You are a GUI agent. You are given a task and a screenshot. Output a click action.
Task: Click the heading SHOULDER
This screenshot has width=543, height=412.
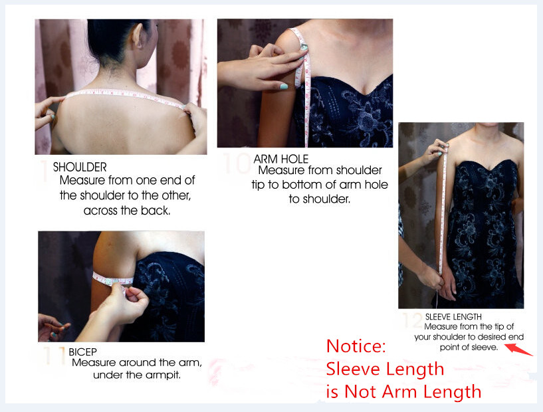pyautogui.click(x=80, y=167)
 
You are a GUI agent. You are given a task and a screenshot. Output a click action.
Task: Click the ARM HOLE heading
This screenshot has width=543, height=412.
pyautogui.click(x=281, y=159)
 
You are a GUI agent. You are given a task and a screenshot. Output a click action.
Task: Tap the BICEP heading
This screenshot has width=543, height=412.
pyautogui.click(x=83, y=352)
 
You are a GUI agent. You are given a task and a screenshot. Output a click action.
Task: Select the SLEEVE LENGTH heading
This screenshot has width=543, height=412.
pyautogui.click(x=453, y=317)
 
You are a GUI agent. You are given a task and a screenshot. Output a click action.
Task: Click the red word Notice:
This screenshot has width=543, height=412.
pyautogui.click(x=356, y=346)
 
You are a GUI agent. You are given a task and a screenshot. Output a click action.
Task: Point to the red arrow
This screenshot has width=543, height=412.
pyautogui.click(x=518, y=350)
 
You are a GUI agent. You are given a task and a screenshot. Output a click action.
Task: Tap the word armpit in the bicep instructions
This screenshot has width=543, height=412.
pyautogui.click(x=163, y=375)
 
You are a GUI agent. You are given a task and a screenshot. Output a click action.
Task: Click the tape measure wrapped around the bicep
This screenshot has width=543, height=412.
pyautogui.click(x=112, y=280)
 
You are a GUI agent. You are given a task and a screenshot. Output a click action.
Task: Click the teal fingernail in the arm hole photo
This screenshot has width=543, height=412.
pyautogui.click(x=284, y=86)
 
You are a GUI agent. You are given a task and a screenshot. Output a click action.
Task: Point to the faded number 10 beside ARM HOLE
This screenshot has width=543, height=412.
pyautogui.click(x=237, y=163)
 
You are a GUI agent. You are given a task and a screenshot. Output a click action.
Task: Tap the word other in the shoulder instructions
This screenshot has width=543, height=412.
pyautogui.click(x=176, y=195)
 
